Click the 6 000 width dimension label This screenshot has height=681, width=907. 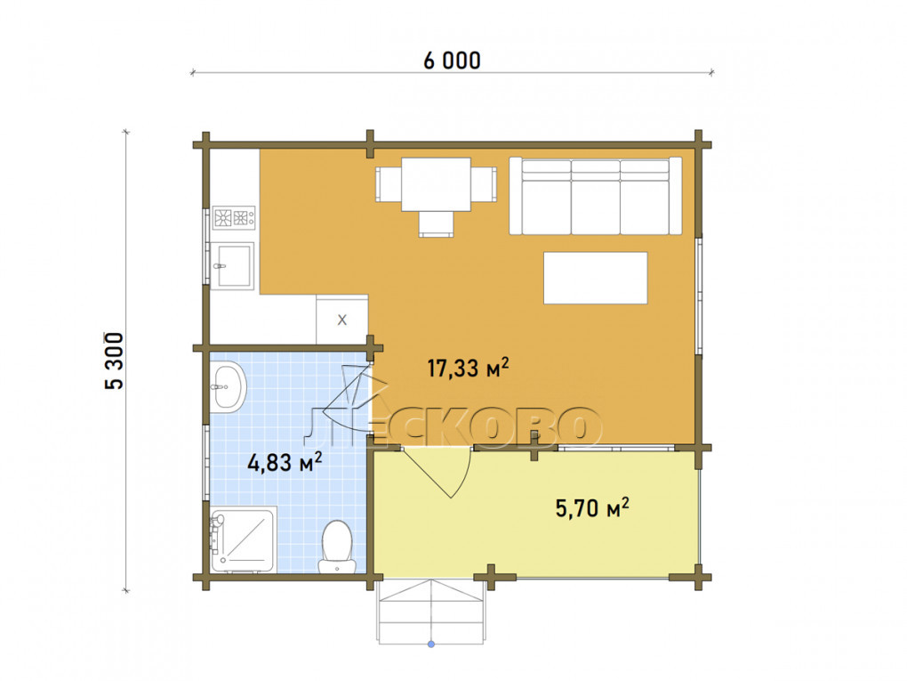(x=452, y=61)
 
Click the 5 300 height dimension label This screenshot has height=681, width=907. (x=114, y=361)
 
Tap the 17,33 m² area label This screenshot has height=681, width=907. (x=468, y=368)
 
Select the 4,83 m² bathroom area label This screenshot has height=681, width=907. (x=285, y=462)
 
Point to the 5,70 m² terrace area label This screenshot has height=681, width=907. (x=592, y=507)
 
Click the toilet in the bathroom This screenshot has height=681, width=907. (x=337, y=547)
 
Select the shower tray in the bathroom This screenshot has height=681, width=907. (x=244, y=539)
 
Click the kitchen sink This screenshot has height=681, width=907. (x=233, y=266)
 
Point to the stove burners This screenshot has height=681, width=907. (x=234, y=218)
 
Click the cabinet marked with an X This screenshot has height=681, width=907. (x=341, y=319)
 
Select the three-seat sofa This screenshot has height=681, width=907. (x=595, y=196)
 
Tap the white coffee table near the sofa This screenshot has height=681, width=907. (x=595, y=278)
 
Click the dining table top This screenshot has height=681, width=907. (x=436, y=184)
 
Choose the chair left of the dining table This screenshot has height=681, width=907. (x=389, y=184)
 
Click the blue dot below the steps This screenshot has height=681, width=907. (x=431, y=644)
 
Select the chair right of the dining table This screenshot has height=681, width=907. (x=484, y=184)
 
